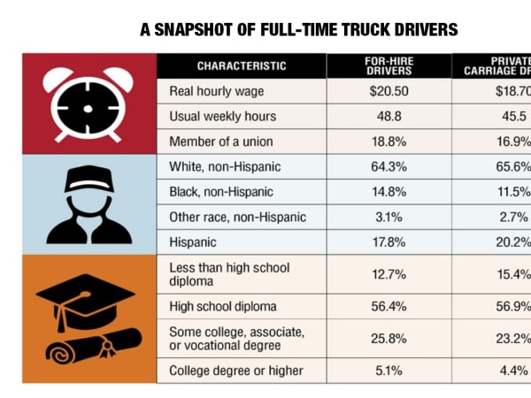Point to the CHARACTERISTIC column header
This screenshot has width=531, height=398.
[242, 65]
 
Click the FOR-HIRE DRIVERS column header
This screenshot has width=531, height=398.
[388, 65]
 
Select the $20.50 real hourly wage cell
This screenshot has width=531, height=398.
[388, 90]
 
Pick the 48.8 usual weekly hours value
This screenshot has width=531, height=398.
[388, 116]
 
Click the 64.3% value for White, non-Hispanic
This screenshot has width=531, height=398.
[388, 166]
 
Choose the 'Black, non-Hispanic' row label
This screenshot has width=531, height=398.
[220, 191]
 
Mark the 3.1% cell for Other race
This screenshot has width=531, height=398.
[388, 217]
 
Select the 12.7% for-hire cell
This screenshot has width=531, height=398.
[388, 273]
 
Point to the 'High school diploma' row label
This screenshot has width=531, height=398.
[222, 306]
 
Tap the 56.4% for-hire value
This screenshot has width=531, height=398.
[388, 306]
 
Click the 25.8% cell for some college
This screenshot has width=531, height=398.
[388, 338]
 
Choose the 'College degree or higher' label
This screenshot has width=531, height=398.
[235, 371]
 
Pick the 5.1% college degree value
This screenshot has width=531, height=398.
[388, 371]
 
